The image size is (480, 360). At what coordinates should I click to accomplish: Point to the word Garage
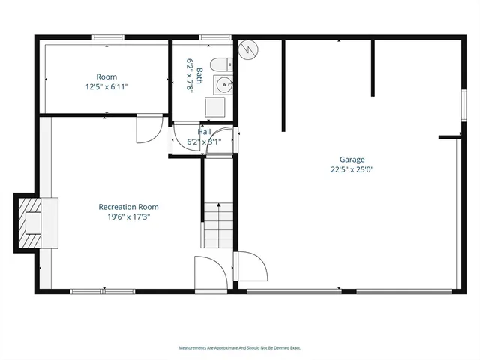tap(352, 160)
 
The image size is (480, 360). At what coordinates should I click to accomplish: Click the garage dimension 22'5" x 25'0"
tap(352, 169)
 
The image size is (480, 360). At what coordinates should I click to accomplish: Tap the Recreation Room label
tap(128, 207)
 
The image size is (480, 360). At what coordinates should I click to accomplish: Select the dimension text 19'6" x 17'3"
tap(128, 217)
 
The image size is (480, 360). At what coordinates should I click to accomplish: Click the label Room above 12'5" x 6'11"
tap(106, 76)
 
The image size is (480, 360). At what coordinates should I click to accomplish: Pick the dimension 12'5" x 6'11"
tap(106, 86)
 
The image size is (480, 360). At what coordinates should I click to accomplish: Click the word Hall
tap(204, 132)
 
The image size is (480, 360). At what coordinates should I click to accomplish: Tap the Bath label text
tap(199, 74)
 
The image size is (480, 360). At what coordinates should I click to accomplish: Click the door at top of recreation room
tap(148, 129)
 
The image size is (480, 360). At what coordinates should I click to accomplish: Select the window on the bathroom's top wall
tap(214, 37)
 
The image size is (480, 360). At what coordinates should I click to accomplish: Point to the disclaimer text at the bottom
tap(239, 347)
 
